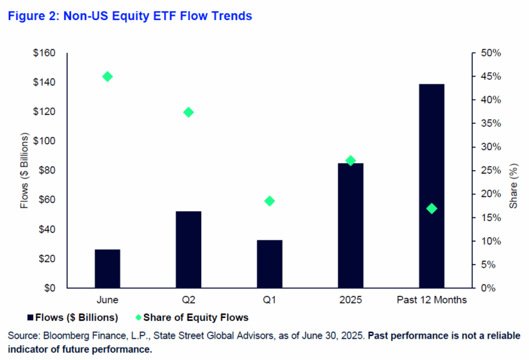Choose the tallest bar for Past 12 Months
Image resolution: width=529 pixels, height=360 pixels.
click(431, 186)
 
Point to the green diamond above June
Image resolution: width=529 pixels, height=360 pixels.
click(107, 76)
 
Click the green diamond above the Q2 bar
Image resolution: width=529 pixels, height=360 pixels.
click(189, 112)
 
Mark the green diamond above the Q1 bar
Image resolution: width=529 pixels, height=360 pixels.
click(269, 201)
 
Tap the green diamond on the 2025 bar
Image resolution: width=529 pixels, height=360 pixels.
click(351, 160)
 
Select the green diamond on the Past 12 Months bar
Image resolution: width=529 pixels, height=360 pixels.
click(431, 209)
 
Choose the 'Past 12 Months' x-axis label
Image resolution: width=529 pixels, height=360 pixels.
click(431, 300)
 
